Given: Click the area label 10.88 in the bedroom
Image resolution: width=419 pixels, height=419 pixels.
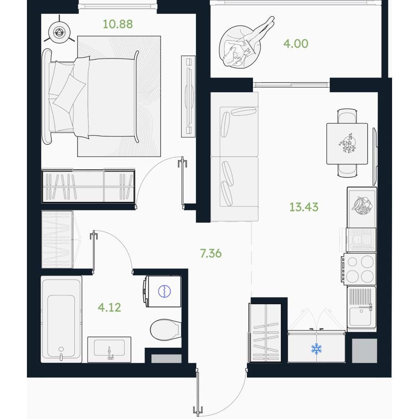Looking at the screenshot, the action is click(118, 24).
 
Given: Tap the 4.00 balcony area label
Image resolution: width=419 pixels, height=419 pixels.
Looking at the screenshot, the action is click(296, 43).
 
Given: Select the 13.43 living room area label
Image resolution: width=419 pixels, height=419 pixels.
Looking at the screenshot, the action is click(304, 207).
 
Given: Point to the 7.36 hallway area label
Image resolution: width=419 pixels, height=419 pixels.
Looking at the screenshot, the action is click(211, 253).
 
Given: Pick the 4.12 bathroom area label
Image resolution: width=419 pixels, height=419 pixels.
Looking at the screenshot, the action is click(110, 308).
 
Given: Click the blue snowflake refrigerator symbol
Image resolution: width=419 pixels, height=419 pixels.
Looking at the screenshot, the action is click(316, 349).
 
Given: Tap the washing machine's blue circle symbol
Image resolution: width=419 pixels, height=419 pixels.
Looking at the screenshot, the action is click(164, 291).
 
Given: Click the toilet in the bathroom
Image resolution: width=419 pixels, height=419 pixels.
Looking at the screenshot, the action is click(165, 330).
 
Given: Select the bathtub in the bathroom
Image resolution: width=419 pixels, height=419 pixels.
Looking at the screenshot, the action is click(62, 319).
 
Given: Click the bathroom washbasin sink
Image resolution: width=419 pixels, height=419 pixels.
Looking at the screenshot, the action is click(109, 350).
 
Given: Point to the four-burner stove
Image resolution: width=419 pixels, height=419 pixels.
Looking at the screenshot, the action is click(360, 269).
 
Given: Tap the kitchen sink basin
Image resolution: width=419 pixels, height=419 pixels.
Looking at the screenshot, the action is click(360, 317).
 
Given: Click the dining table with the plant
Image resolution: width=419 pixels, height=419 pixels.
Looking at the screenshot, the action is click(347, 144).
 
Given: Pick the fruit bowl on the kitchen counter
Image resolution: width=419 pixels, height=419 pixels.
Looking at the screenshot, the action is click(361, 206).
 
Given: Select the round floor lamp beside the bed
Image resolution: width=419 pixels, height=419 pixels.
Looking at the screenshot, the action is click(59, 32).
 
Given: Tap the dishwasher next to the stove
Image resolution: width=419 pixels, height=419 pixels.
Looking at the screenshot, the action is click(361, 240).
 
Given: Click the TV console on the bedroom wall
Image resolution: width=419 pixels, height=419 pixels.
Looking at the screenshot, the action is click(188, 96).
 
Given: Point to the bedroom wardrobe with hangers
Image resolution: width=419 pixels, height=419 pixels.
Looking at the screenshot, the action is click(88, 186).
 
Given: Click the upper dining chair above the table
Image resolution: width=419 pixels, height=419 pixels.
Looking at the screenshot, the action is click(347, 116).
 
